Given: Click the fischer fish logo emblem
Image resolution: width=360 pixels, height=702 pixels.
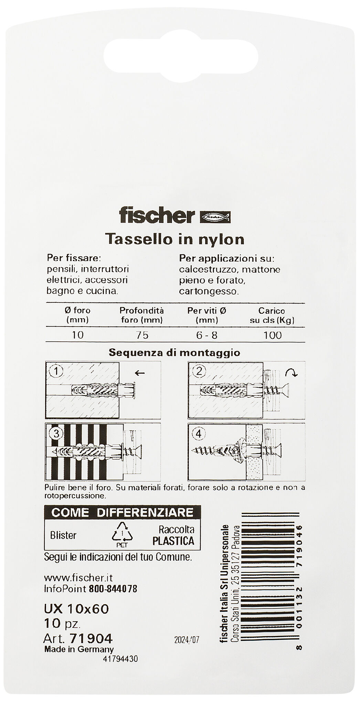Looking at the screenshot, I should click(215, 217).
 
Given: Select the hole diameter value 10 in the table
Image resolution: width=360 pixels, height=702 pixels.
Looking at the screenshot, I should click(78, 335).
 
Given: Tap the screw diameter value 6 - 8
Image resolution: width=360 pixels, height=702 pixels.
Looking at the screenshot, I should click(207, 335).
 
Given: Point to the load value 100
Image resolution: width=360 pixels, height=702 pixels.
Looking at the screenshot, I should click(272, 335).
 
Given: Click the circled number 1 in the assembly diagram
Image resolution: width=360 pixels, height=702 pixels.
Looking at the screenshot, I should click(56, 371).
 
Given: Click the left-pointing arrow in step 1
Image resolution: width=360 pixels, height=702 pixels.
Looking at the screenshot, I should click(140, 373).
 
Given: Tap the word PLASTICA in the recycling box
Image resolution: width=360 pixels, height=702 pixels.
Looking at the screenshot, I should click(173, 541).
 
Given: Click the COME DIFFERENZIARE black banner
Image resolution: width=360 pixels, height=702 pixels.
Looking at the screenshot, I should click(122, 512).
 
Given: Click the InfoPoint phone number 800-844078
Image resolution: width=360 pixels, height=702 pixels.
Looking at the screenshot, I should click(113, 589).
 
